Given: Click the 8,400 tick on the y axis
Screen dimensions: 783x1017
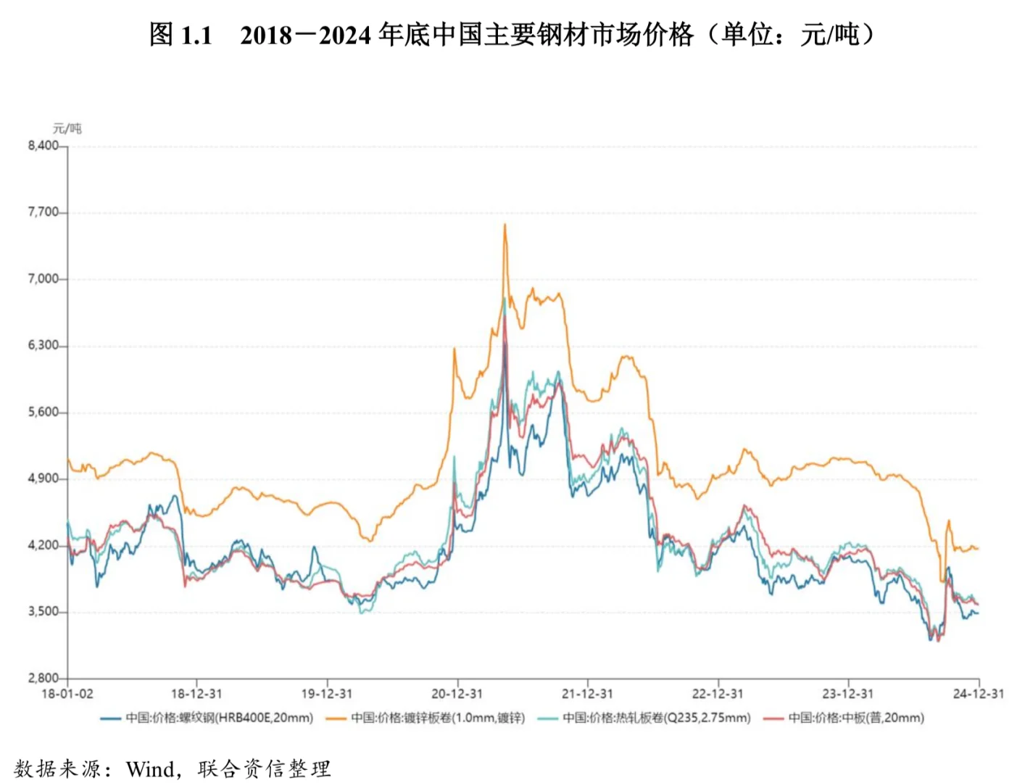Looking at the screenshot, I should click(43, 146).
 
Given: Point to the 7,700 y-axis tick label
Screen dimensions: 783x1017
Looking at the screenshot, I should click(43, 212).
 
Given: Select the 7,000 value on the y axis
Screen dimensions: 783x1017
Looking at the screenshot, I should click(43, 279).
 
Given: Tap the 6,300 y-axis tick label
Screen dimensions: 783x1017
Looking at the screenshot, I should click(43, 346).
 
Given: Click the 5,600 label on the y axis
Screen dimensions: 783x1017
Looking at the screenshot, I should click(43, 413).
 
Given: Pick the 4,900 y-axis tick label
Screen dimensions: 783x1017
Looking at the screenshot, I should click(43, 478).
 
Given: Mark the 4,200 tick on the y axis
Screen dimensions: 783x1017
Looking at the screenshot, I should click(43, 545).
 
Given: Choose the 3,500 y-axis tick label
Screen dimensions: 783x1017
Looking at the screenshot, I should click(43, 612).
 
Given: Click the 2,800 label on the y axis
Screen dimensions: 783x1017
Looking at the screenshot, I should click(43, 678).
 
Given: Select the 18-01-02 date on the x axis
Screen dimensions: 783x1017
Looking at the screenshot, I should click(67, 694).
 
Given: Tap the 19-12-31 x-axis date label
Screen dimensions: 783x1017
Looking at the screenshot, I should click(327, 694).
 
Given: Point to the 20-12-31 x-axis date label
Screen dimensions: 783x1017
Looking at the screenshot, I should click(457, 694).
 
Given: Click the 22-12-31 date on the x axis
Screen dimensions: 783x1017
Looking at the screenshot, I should click(718, 694).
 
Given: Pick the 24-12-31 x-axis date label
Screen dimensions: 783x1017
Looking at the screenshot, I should click(979, 694).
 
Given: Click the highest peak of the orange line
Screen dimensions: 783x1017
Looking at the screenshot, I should click(505, 225).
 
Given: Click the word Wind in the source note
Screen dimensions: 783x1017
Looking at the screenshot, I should click(151, 768).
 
